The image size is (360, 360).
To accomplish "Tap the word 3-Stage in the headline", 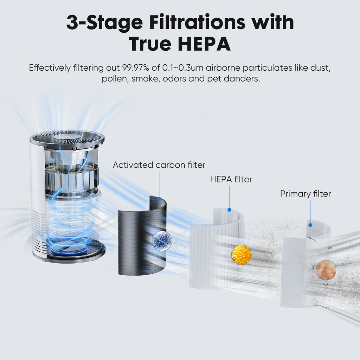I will pos(105,22).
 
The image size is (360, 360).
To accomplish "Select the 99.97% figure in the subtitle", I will pos(135,68).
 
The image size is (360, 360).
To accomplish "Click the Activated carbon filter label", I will pos(159,165).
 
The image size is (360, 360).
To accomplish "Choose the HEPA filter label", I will pos(231,179).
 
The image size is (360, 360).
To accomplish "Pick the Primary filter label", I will pos(305,194).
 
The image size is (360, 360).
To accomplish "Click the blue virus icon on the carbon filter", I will pos(162,241).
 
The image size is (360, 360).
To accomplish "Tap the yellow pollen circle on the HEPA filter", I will pos(242,255).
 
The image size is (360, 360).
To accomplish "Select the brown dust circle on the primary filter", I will pos(326,270).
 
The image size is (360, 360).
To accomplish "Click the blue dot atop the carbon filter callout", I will pos(159,199).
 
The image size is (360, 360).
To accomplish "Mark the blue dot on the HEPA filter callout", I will pos(229,210).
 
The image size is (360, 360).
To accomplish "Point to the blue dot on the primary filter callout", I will pos(310,225).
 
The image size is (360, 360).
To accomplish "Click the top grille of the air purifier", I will pos(67,138).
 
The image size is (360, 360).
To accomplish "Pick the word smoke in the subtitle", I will pos(145,79).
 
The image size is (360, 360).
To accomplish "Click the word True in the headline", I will pos(148,44).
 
